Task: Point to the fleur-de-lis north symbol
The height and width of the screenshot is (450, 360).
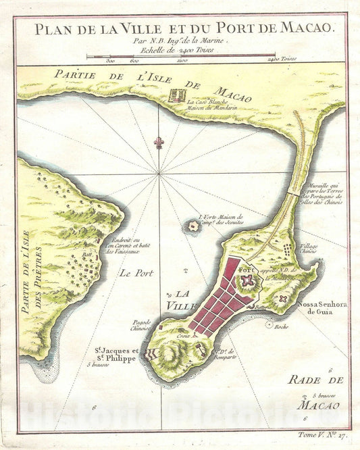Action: click(159, 144)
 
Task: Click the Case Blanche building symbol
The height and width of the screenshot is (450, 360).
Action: click(178, 94)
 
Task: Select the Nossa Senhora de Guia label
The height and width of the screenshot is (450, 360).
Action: click(322, 307)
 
